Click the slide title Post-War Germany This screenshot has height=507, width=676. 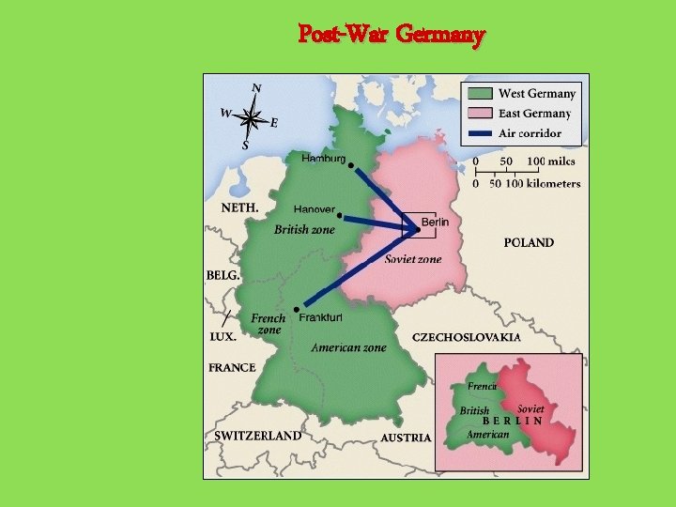click(x=392, y=36)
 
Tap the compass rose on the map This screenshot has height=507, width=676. click(x=251, y=117)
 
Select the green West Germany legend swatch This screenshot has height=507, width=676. click(x=481, y=94)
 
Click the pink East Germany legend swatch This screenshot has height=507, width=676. click(x=481, y=114)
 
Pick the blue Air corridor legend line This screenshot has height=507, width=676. click(x=481, y=133)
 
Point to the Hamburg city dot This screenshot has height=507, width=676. click(x=351, y=166)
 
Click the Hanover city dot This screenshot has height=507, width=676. click(x=339, y=216)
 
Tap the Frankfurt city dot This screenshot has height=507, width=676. click(x=298, y=308)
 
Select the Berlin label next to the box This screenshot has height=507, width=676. click(x=435, y=222)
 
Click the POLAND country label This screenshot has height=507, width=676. click(x=529, y=242)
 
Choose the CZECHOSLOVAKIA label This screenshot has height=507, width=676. click(x=466, y=337)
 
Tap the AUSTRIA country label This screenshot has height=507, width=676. click(x=406, y=438)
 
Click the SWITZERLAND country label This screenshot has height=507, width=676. click(x=257, y=436)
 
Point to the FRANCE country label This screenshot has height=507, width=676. click(x=232, y=367)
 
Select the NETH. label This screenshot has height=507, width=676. click(x=239, y=207)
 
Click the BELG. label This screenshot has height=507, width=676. click(x=223, y=276)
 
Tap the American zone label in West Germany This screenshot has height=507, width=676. click(x=348, y=347)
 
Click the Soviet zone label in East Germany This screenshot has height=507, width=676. click(x=413, y=258)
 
